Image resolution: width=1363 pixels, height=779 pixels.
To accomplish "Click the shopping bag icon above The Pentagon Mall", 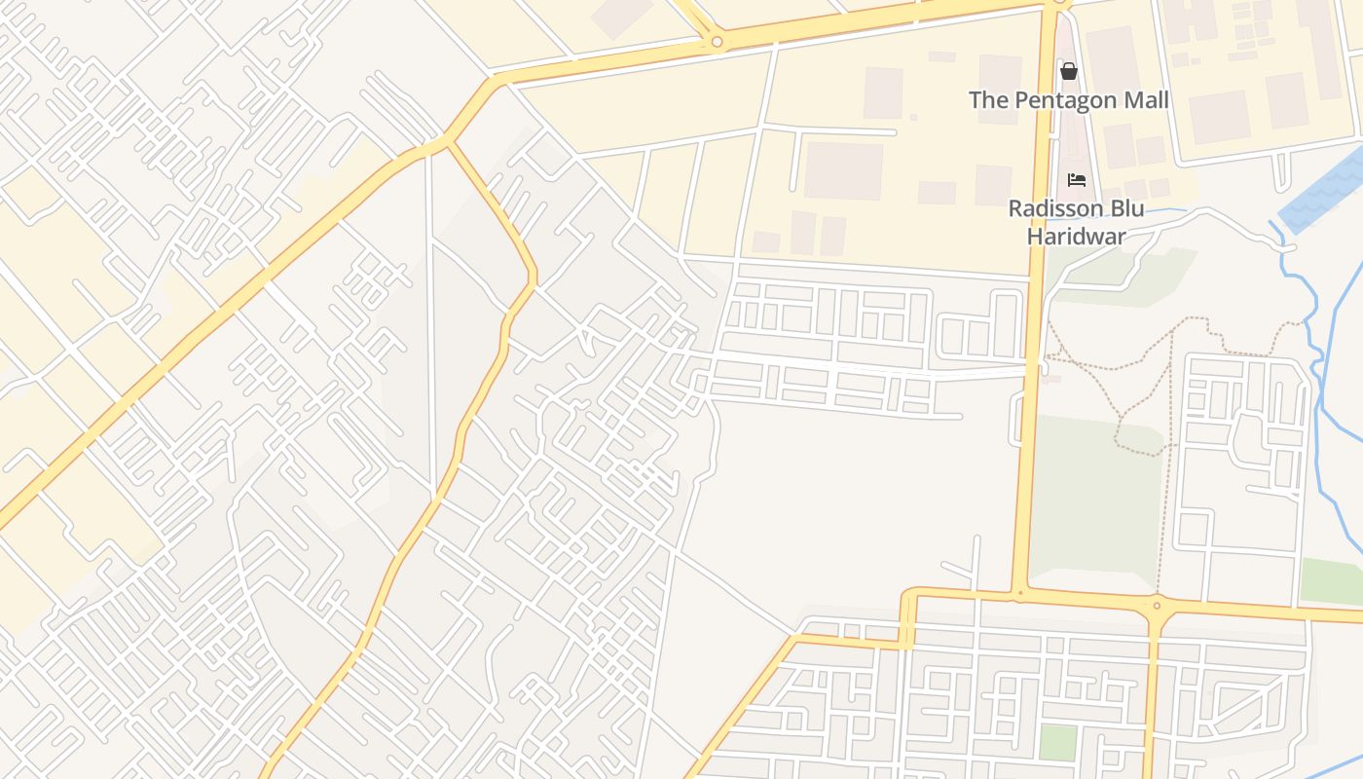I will click(1069, 71).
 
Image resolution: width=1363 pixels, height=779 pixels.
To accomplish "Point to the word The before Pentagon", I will click(989, 100).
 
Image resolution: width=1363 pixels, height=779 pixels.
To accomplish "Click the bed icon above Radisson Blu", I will click(1077, 180).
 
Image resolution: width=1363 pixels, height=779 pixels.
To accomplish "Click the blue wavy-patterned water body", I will click(1324, 191).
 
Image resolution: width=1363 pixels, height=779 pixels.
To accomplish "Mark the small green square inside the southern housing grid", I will click(1057, 742).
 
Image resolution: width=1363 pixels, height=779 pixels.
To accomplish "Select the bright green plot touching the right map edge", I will click(1331, 580).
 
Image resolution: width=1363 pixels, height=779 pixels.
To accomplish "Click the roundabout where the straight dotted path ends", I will click(1157, 606).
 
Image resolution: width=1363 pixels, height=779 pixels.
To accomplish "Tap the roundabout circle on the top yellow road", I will click(717, 42).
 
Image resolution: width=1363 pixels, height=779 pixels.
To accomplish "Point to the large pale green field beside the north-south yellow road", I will click(1095, 506).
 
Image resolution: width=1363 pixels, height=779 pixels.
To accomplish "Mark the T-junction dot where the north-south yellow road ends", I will click(1019, 591).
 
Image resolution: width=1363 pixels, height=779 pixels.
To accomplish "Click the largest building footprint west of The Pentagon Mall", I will click(843, 171).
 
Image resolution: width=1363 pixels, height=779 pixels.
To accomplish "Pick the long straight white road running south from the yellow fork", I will click(429, 321).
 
